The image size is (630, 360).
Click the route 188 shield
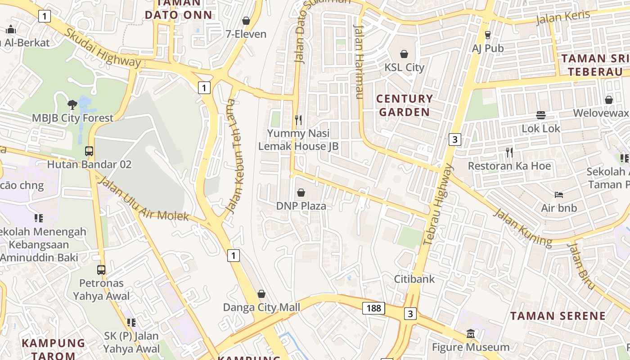373,308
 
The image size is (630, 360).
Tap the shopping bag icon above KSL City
404,54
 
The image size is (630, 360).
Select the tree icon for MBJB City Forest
72,105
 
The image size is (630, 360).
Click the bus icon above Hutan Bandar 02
89,151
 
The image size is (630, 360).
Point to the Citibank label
414,279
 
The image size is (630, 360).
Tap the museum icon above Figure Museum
471,334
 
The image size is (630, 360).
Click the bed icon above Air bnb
559,195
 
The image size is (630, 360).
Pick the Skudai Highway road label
102,48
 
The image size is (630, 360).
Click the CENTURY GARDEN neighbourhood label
404,105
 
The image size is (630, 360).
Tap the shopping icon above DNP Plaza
301,193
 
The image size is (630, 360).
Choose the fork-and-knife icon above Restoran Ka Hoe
509,153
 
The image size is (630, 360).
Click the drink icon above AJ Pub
488,35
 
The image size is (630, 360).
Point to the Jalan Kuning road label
522,228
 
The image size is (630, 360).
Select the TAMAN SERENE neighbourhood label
558,316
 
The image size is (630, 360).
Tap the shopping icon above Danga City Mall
261,294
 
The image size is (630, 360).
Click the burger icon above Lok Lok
541,115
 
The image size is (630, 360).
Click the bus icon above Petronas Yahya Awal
101,270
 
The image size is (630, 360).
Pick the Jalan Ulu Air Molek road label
144,199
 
